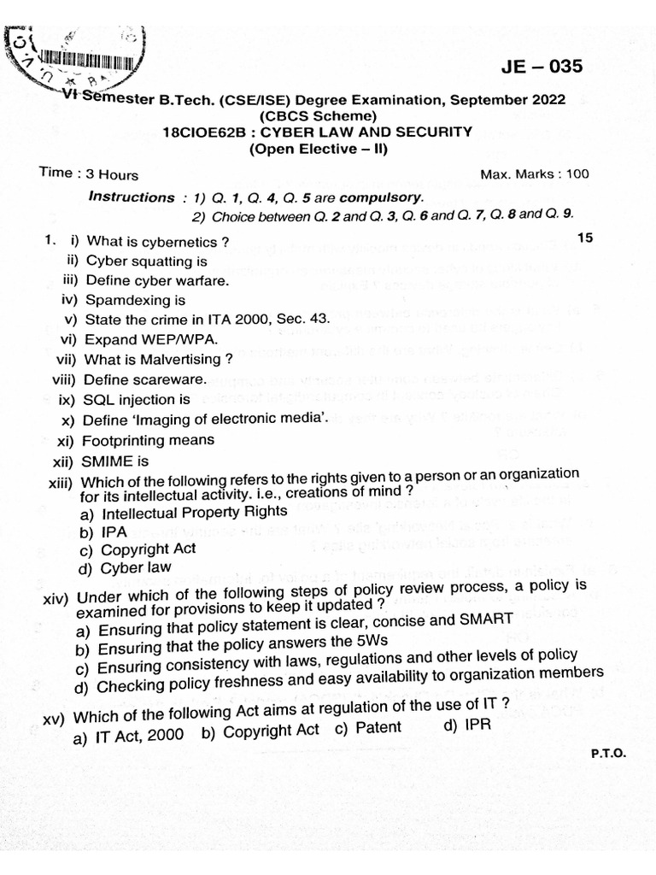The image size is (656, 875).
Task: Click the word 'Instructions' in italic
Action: (x=132, y=197)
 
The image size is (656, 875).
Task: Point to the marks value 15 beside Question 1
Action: (x=584, y=238)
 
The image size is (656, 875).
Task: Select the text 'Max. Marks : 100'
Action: (x=535, y=174)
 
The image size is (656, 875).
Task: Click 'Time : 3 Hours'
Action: (x=89, y=173)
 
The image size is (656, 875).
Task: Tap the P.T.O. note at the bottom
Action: (x=607, y=754)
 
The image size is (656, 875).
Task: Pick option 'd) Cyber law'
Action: (x=124, y=567)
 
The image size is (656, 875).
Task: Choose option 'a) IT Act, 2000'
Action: (x=129, y=735)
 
